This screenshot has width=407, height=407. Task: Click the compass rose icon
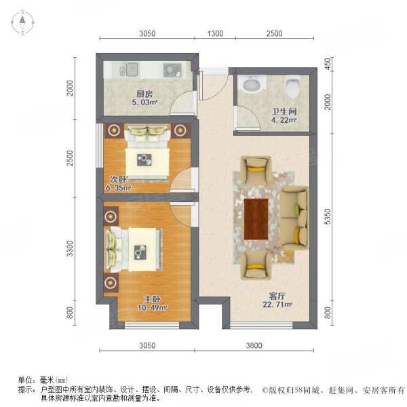23,22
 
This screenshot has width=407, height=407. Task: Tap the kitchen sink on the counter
129,70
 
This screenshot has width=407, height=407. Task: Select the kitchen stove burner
172,70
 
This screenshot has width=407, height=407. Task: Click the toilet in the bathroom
293,86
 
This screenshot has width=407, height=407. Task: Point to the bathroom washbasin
252,84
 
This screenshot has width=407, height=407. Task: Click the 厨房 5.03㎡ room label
144,98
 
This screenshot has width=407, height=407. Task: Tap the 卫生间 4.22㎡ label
284,116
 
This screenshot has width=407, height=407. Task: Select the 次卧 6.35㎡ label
118,184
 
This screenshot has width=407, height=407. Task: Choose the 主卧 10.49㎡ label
152,303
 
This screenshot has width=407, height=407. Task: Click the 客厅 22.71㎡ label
277,300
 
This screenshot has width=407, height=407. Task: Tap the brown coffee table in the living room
256,219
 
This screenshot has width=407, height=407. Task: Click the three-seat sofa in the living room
295,218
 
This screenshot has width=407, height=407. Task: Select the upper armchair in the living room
256,170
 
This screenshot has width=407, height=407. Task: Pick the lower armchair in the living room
256,265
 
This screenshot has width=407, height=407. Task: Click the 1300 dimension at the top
215,33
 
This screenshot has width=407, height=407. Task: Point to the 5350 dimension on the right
328,216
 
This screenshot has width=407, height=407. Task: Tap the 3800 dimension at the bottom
254,345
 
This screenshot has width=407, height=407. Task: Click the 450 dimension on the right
328,64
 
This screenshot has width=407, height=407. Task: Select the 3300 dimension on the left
70,248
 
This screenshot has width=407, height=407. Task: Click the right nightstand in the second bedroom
180,130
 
